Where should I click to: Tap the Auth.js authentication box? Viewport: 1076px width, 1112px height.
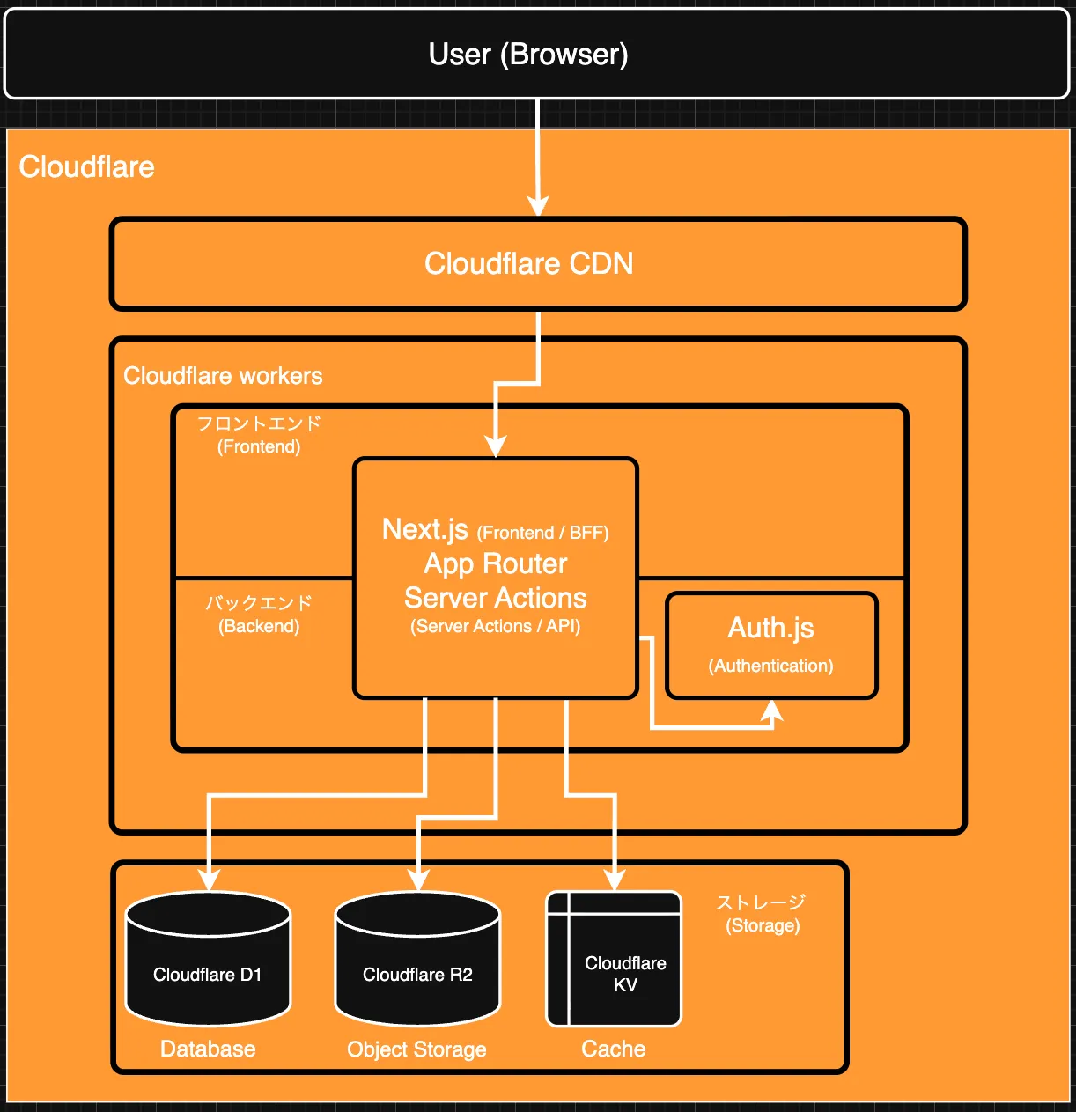click(x=771, y=645)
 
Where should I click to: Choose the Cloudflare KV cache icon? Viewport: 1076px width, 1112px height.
click(x=614, y=959)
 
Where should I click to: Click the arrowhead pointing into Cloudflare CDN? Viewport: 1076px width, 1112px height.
click(x=538, y=206)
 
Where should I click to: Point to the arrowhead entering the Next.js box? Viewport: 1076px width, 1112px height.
click(x=496, y=446)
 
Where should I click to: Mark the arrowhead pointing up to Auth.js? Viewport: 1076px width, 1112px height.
click(x=771, y=711)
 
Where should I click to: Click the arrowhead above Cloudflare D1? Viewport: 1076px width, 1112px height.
click(x=209, y=879)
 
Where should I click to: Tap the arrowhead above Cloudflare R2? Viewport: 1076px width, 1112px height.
click(x=418, y=879)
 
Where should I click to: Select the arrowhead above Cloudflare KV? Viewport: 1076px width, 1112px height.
click(x=615, y=879)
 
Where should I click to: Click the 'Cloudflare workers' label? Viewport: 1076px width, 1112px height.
click(x=223, y=376)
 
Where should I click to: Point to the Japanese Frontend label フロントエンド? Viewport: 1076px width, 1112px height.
click(x=259, y=423)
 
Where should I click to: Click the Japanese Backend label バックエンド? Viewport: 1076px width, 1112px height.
click(x=259, y=603)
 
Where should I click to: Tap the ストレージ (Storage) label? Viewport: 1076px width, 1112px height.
click(x=762, y=902)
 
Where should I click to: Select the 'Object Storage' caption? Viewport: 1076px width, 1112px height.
click(x=416, y=1049)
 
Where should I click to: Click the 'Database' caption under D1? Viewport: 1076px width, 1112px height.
click(x=208, y=1049)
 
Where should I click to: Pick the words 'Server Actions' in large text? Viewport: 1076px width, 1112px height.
click(x=495, y=598)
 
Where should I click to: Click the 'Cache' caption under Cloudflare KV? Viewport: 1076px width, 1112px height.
click(x=614, y=1049)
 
